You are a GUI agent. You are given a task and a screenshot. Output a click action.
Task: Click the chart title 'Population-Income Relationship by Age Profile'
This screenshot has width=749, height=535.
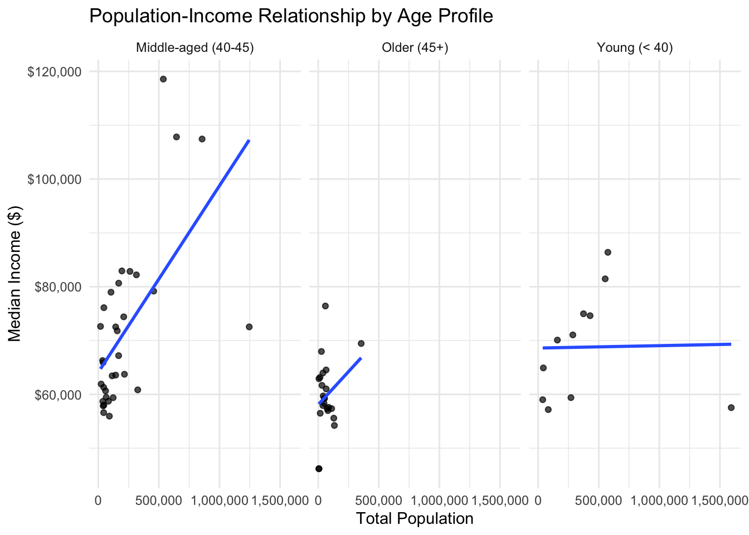click(x=291, y=17)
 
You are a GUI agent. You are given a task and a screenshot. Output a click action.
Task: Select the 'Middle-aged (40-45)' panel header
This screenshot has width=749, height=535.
click(x=195, y=48)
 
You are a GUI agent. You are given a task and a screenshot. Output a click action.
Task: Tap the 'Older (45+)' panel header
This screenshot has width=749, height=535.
click(x=415, y=48)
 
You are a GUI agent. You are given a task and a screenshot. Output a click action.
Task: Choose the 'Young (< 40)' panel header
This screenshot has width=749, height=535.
click(x=635, y=48)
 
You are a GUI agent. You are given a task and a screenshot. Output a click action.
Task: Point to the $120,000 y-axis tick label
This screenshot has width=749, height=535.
click(x=54, y=72)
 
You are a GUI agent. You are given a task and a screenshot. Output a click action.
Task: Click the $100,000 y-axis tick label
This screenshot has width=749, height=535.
click(x=54, y=179)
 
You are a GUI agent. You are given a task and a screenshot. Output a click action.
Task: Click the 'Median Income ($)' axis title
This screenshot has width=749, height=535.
click(x=15, y=273)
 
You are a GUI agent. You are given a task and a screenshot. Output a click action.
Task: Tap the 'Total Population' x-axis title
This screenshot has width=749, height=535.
click(x=415, y=519)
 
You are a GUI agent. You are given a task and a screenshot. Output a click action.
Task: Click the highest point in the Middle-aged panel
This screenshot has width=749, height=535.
click(x=163, y=79)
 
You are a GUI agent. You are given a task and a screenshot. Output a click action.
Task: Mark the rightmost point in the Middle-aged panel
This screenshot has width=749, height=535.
click(x=249, y=327)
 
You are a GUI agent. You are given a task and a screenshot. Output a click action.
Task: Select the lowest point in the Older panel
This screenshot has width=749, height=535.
click(x=319, y=469)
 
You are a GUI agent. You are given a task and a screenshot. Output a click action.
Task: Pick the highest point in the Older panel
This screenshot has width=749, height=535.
click(x=325, y=306)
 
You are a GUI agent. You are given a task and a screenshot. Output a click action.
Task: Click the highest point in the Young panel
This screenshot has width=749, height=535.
click(x=607, y=252)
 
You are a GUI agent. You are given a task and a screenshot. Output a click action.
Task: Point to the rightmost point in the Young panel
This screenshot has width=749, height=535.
click(x=731, y=407)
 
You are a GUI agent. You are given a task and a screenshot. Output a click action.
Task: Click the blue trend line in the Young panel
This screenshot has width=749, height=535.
click(x=635, y=346)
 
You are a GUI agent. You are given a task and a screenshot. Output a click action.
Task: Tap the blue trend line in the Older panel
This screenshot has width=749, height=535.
click(x=340, y=381)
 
